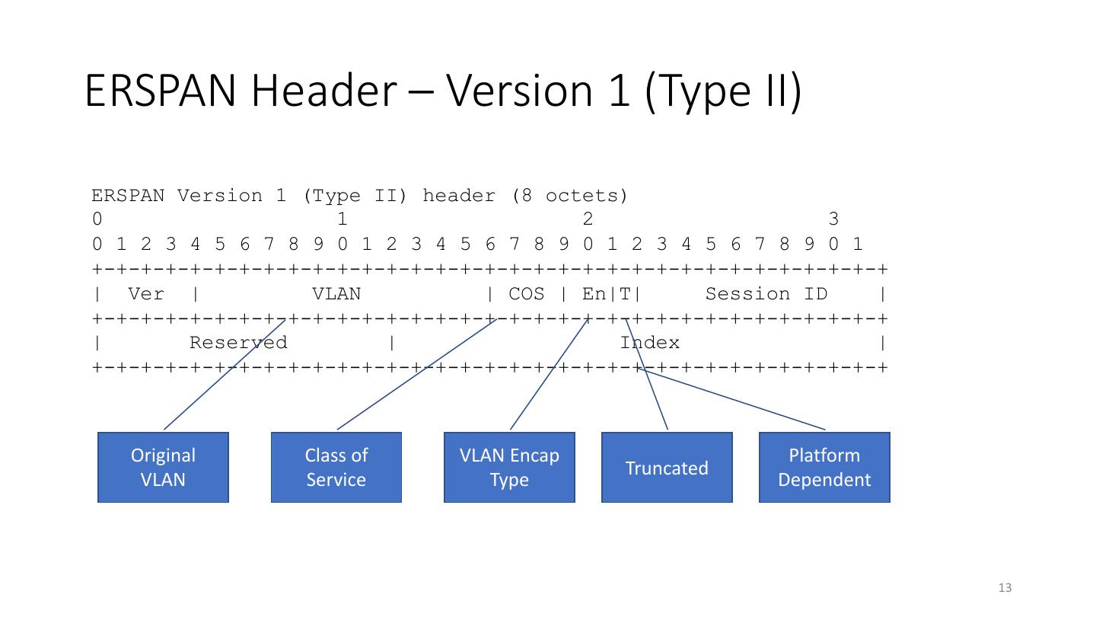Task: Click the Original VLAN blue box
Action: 163,467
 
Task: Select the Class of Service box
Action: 336,467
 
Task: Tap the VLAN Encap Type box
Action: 509,467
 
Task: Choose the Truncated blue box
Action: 667,467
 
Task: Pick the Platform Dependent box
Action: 824,467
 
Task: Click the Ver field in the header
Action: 146,294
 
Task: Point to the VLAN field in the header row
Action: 336,294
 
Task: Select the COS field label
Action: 526,294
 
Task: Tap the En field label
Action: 594,294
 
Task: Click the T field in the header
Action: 625,294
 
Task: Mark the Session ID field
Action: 766,294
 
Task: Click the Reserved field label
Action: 238,343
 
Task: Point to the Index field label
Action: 649,343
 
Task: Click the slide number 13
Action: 1005,587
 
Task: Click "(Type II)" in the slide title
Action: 723,91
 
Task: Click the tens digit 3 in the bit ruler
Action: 833,219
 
